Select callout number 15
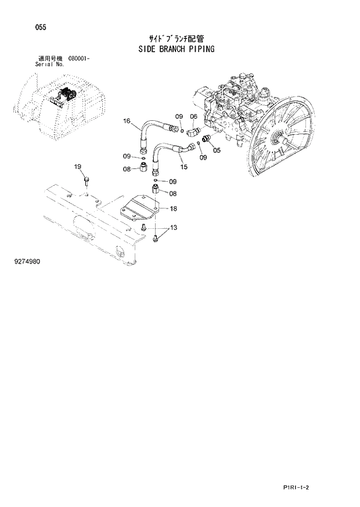coord(183,167)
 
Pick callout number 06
coord(193,116)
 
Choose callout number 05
coord(217,150)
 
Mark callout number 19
coord(78,167)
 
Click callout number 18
coord(173,208)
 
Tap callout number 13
coord(173,227)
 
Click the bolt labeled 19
coord(85,182)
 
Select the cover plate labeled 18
coord(140,207)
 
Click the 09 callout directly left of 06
coord(179,116)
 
